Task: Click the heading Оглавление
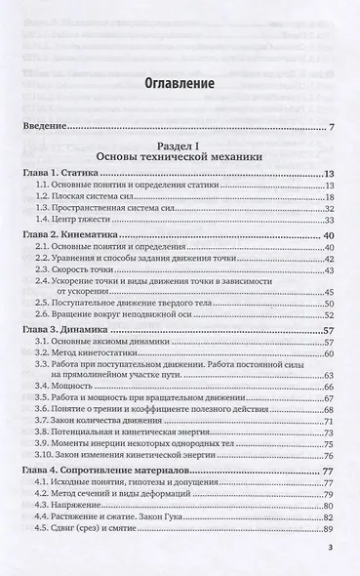click(178, 85)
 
